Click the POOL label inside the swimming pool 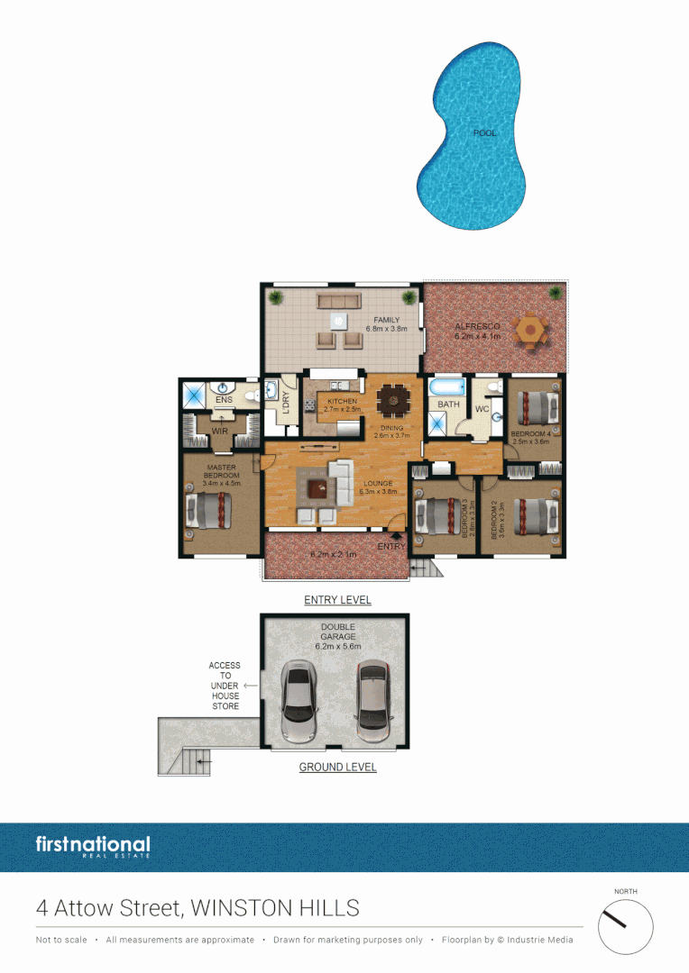click(x=484, y=133)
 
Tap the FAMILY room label click(x=387, y=319)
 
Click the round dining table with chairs click(x=393, y=397)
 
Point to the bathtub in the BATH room click(x=446, y=387)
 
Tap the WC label click(x=482, y=410)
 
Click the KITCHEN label click(x=341, y=402)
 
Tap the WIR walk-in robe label click(x=219, y=432)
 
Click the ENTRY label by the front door click(x=391, y=547)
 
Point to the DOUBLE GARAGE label click(x=337, y=632)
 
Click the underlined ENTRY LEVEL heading click(x=337, y=600)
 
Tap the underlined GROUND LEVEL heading click(x=337, y=768)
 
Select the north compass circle click(x=625, y=927)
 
